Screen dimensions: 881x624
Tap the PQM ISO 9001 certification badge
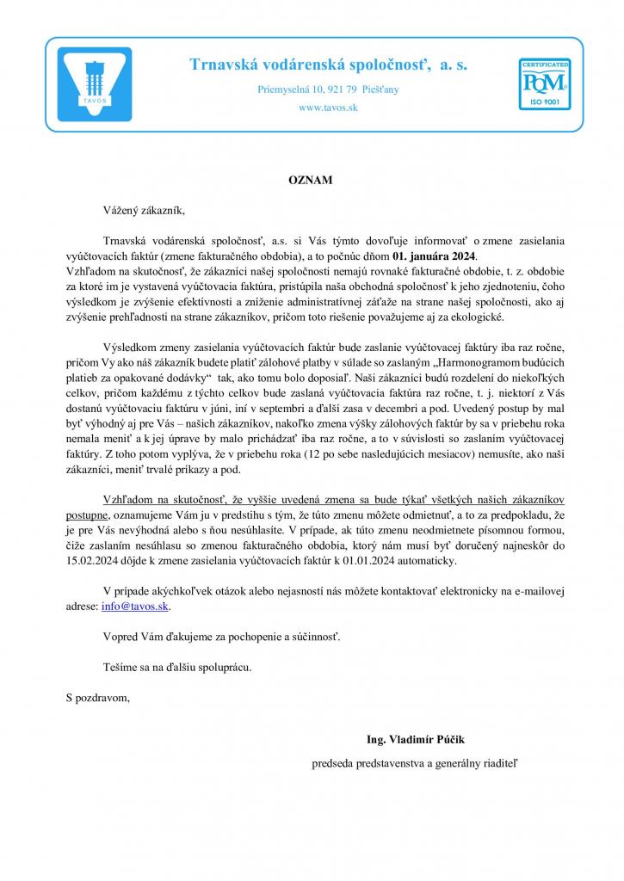click(x=543, y=84)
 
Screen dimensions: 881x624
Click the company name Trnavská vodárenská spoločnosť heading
click(x=328, y=65)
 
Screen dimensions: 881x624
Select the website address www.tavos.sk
click(x=327, y=108)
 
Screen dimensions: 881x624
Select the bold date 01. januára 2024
click(x=433, y=256)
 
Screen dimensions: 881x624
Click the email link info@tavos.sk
click(x=135, y=606)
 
